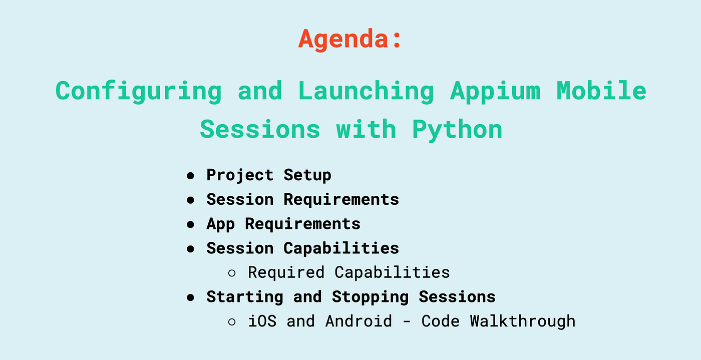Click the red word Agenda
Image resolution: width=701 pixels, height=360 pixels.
click(x=343, y=39)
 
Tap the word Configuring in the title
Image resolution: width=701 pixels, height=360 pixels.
click(x=139, y=92)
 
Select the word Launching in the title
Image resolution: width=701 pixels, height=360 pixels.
click(x=366, y=92)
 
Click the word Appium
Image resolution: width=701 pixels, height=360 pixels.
click(x=495, y=92)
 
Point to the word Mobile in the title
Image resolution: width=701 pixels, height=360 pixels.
click(x=601, y=91)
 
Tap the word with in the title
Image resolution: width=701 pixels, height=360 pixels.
click(x=366, y=129)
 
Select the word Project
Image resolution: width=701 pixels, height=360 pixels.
click(x=240, y=175)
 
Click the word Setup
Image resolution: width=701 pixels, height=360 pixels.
click(x=307, y=175)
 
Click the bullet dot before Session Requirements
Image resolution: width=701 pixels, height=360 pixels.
click(x=190, y=200)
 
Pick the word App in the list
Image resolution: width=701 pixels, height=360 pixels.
click(x=221, y=224)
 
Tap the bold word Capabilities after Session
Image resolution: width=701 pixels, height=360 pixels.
click(x=341, y=248)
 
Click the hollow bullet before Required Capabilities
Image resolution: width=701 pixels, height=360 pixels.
click(x=232, y=273)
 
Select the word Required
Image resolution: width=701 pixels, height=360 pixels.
click(x=286, y=273)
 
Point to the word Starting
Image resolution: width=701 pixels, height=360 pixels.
click(x=245, y=297)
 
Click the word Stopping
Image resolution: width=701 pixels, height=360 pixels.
click(x=370, y=297)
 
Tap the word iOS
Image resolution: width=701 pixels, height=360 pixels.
click(x=262, y=321)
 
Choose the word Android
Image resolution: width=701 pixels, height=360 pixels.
click(x=359, y=321)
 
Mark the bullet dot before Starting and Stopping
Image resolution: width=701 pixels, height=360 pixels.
click(x=190, y=297)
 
